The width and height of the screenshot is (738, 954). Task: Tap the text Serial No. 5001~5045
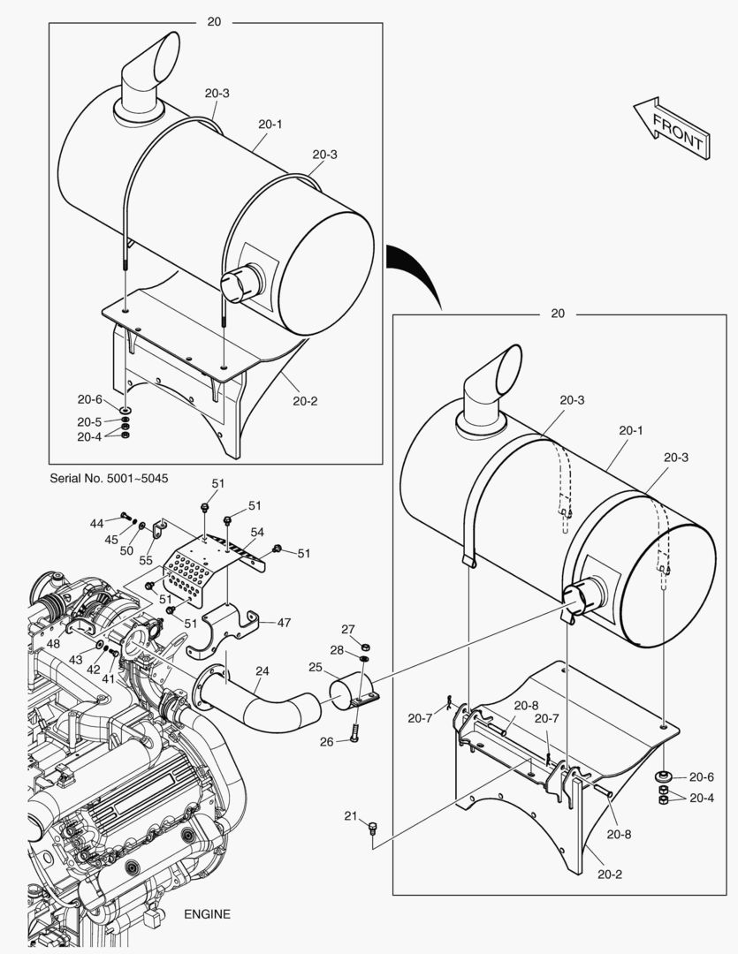tap(110, 478)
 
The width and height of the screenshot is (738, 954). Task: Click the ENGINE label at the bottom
tap(207, 914)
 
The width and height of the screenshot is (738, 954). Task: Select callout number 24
tap(262, 670)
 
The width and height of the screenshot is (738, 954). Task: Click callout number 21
tap(350, 814)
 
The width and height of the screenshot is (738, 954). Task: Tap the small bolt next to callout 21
tap(372, 828)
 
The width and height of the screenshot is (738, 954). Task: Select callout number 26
tap(326, 741)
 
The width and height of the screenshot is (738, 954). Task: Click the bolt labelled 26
tap(354, 731)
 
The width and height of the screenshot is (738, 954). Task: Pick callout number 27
tap(348, 629)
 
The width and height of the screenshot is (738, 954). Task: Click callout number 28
tap(337, 650)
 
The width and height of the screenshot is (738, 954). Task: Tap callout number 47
tap(284, 622)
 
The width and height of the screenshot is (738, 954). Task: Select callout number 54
tap(257, 532)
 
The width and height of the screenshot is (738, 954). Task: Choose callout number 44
tap(96, 524)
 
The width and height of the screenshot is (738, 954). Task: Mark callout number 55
tap(145, 561)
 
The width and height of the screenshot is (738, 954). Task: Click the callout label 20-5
tap(89, 421)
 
